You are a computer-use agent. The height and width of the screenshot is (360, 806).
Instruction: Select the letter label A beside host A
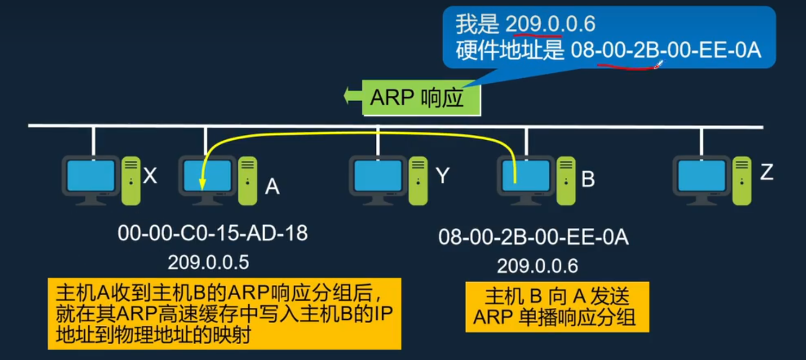[x=272, y=187]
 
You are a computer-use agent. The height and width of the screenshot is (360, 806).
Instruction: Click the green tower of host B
[x=566, y=181]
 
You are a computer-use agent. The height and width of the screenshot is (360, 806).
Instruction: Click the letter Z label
[x=766, y=172]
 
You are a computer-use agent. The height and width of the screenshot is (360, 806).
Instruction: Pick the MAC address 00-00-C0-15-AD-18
[x=213, y=233]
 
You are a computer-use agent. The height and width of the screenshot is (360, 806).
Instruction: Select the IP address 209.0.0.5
[x=208, y=262]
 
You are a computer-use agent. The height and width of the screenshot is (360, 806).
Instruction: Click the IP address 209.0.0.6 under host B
[x=537, y=266]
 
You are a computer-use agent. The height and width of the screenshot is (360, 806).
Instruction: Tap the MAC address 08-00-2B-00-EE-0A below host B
[x=534, y=238]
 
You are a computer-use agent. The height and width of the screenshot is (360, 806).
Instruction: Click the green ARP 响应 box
[x=421, y=98]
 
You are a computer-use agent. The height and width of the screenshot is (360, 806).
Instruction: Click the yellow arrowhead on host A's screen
[x=202, y=185]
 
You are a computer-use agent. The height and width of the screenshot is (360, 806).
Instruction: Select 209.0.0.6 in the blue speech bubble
[x=550, y=24]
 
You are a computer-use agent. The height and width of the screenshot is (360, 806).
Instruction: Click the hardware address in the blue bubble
[x=665, y=51]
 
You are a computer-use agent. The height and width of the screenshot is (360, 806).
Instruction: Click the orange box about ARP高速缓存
[x=224, y=313]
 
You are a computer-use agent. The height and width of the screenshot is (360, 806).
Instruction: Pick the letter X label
[x=150, y=176]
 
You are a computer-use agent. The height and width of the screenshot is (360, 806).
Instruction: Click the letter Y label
[x=443, y=176]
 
